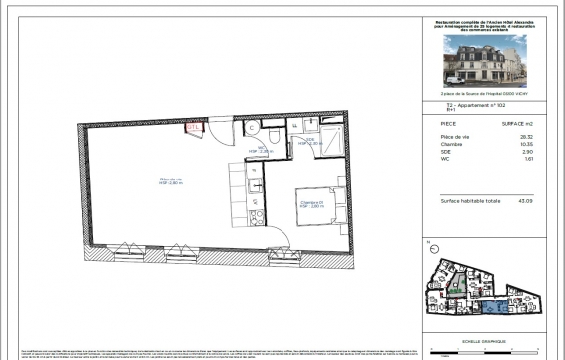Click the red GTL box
[x=194, y=127]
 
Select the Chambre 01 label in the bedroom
[x=310, y=204]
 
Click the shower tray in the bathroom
[x=330, y=136]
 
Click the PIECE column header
[x=449, y=122]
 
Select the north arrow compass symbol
[x=428, y=242]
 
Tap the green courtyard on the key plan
[x=457, y=289]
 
